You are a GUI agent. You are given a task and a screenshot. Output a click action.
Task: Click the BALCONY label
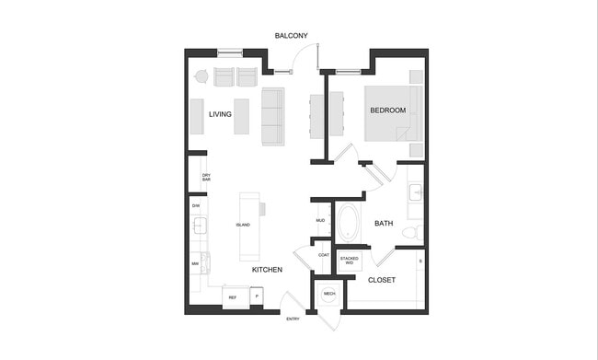point(291,36)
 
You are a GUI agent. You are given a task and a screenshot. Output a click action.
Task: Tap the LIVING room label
point(220,114)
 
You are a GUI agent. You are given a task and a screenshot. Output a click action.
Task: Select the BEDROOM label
point(387,110)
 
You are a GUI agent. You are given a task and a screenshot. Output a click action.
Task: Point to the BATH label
point(384,223)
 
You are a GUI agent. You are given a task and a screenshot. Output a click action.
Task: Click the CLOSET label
point(382,280)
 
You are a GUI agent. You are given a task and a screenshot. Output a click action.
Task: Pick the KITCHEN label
point(267,270)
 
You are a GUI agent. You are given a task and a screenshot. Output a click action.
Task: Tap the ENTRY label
point(293,319)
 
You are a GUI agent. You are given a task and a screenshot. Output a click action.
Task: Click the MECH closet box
point(328,294)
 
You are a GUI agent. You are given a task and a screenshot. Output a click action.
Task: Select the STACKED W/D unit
point(349,261)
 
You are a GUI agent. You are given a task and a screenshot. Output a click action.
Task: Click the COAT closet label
point(323,255)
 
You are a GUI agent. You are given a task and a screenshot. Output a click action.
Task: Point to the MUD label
point(321,221)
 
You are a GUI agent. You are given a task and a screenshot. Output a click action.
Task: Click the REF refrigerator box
point(233,297)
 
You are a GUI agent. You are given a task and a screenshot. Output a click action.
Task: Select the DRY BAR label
point(206,177)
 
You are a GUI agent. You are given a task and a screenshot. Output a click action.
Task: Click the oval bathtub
point(351,223)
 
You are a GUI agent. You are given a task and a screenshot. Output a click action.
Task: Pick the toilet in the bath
point(414,231)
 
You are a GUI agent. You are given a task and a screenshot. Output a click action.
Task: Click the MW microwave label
point(195,264)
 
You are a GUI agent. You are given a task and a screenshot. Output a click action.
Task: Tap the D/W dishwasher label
point(196,205)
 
